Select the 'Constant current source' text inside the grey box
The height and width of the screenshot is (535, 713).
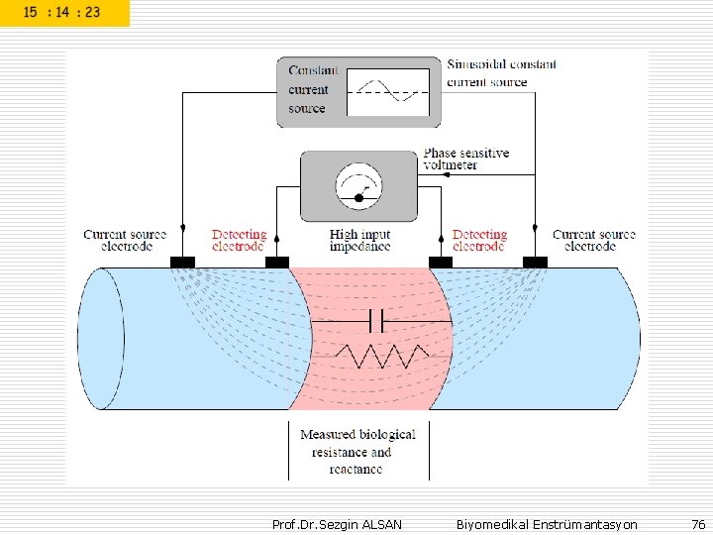click(313, 89)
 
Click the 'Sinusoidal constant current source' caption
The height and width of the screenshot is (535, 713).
click(501, 72)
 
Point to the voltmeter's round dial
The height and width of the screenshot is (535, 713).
click(358, 185)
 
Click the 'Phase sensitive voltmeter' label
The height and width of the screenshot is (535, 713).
click(465, 159)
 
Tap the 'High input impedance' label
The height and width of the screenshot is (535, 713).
click(359, 240)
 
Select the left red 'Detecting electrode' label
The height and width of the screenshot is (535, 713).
click(239, 240)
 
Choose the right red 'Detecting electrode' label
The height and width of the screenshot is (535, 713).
click(479, 240)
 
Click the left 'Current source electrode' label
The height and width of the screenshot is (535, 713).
click(125, 240)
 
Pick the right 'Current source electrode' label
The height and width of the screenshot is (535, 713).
click(594, 240)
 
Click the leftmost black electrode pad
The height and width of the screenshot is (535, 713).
click(182, 262)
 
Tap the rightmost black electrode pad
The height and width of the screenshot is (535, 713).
click(535, 262)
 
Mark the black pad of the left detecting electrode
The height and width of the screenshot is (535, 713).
click(276, 262)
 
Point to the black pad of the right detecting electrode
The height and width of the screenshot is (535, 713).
click(441, 262)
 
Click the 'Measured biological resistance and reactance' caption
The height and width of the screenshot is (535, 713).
click(357, 452)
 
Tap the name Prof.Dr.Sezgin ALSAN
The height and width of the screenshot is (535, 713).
click(337, 523)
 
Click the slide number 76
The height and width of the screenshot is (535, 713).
click(698, 523)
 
